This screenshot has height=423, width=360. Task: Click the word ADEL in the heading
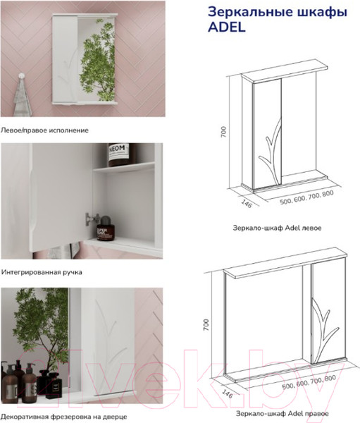point(227,27)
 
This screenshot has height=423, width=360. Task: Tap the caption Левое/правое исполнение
point(44,130)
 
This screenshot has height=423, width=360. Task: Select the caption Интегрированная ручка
point(42,272)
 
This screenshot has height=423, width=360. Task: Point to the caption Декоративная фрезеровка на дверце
point(64,416)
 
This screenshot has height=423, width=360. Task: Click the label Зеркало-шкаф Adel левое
point(277,228)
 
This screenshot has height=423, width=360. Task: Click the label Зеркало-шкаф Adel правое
point(283,414)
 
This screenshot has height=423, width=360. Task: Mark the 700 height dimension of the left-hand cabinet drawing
point(224,132)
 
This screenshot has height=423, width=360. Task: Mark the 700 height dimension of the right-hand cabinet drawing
point(206,325)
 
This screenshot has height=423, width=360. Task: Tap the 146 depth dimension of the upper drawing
point(246,204)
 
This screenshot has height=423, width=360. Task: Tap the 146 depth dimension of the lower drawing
point(227,394)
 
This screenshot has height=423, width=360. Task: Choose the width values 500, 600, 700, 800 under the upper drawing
point(306,197)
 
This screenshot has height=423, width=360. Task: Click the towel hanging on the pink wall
point(23,98)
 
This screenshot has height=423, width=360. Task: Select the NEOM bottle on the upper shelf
point(118,154)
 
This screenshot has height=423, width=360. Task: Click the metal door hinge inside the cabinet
point(92,219)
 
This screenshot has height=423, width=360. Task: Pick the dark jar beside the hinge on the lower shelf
point(106,228)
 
